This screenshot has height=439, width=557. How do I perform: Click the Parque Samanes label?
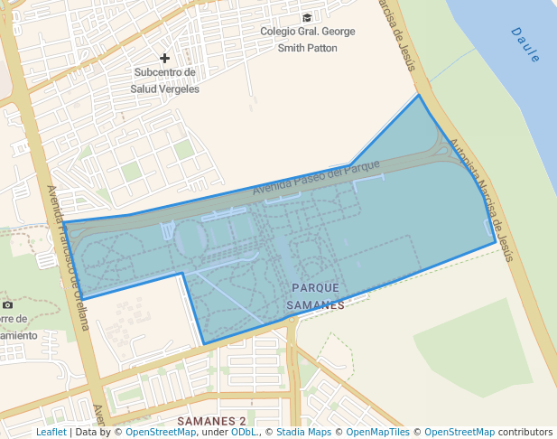point(315,295)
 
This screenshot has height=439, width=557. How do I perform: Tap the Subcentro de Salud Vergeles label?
point(164,80)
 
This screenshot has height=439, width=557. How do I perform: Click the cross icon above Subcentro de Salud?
point(164,58)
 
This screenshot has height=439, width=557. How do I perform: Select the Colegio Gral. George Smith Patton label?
point(307,40)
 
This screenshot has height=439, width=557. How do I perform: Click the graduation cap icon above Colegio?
point(307,17)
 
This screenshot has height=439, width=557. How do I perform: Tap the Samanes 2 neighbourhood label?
point(211,421)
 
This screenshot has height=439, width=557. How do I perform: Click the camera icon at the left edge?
point(8,305)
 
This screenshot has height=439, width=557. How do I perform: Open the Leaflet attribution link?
point(51,432)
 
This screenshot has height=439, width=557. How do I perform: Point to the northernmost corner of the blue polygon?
point(419,95)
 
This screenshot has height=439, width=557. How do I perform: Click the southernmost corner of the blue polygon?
point(204,343)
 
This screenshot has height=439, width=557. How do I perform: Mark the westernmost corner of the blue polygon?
point(63,222)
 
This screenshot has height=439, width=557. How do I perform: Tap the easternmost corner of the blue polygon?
point(496,242)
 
